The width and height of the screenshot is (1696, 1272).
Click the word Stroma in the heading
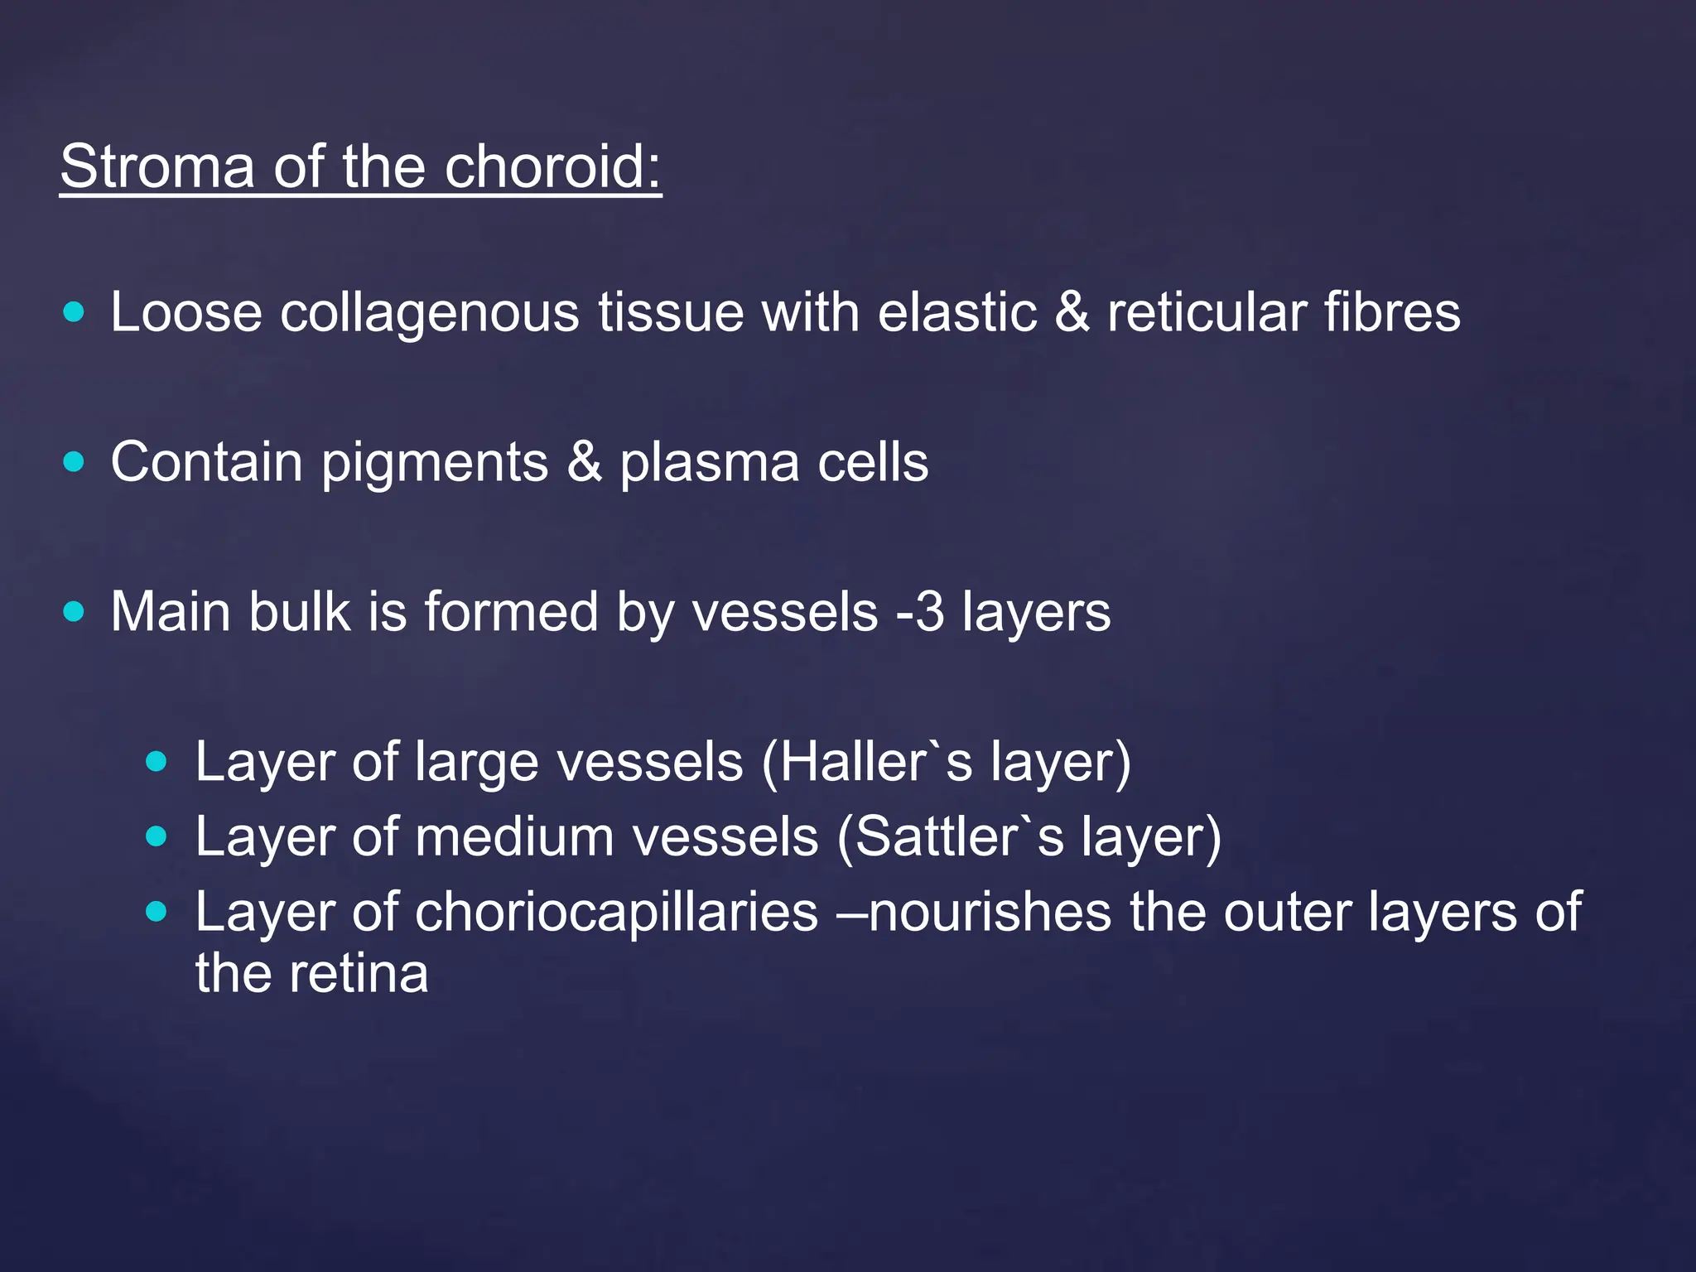click(157, 166)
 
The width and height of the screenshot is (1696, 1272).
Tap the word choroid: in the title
click(552, 166)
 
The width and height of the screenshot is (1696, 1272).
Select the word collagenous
click(429, 313)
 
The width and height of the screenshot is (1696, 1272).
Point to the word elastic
click(956, 313)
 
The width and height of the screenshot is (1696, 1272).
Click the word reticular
click(1206, 313)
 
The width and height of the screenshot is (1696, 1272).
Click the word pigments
click(435, 463)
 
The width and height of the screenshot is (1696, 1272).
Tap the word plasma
click(709, 463)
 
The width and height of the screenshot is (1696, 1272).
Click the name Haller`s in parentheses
click(875, 762)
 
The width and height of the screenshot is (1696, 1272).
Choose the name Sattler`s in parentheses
click(958, 836)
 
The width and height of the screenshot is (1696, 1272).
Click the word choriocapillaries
click(616, 912)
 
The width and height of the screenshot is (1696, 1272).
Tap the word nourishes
click(990, 912)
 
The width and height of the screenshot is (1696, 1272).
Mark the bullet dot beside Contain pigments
click(74, 462)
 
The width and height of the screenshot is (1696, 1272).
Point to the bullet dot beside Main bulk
click(74, 612)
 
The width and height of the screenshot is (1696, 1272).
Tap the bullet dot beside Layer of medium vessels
click(156, 836)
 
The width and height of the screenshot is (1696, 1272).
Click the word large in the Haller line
click(476, 764)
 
